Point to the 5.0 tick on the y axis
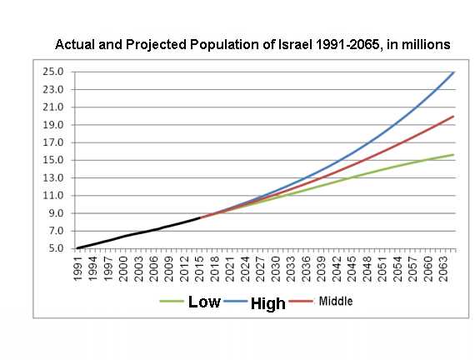coord(57,248)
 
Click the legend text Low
coord(204,302)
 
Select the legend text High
coord(268,303)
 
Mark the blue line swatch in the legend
coord(236,302)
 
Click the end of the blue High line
coord(453,72)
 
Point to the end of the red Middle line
coord(453,117)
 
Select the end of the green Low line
coord(453,154)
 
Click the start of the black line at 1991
coord(77,247)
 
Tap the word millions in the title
coord(426,42)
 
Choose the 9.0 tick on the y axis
coord(57,213)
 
